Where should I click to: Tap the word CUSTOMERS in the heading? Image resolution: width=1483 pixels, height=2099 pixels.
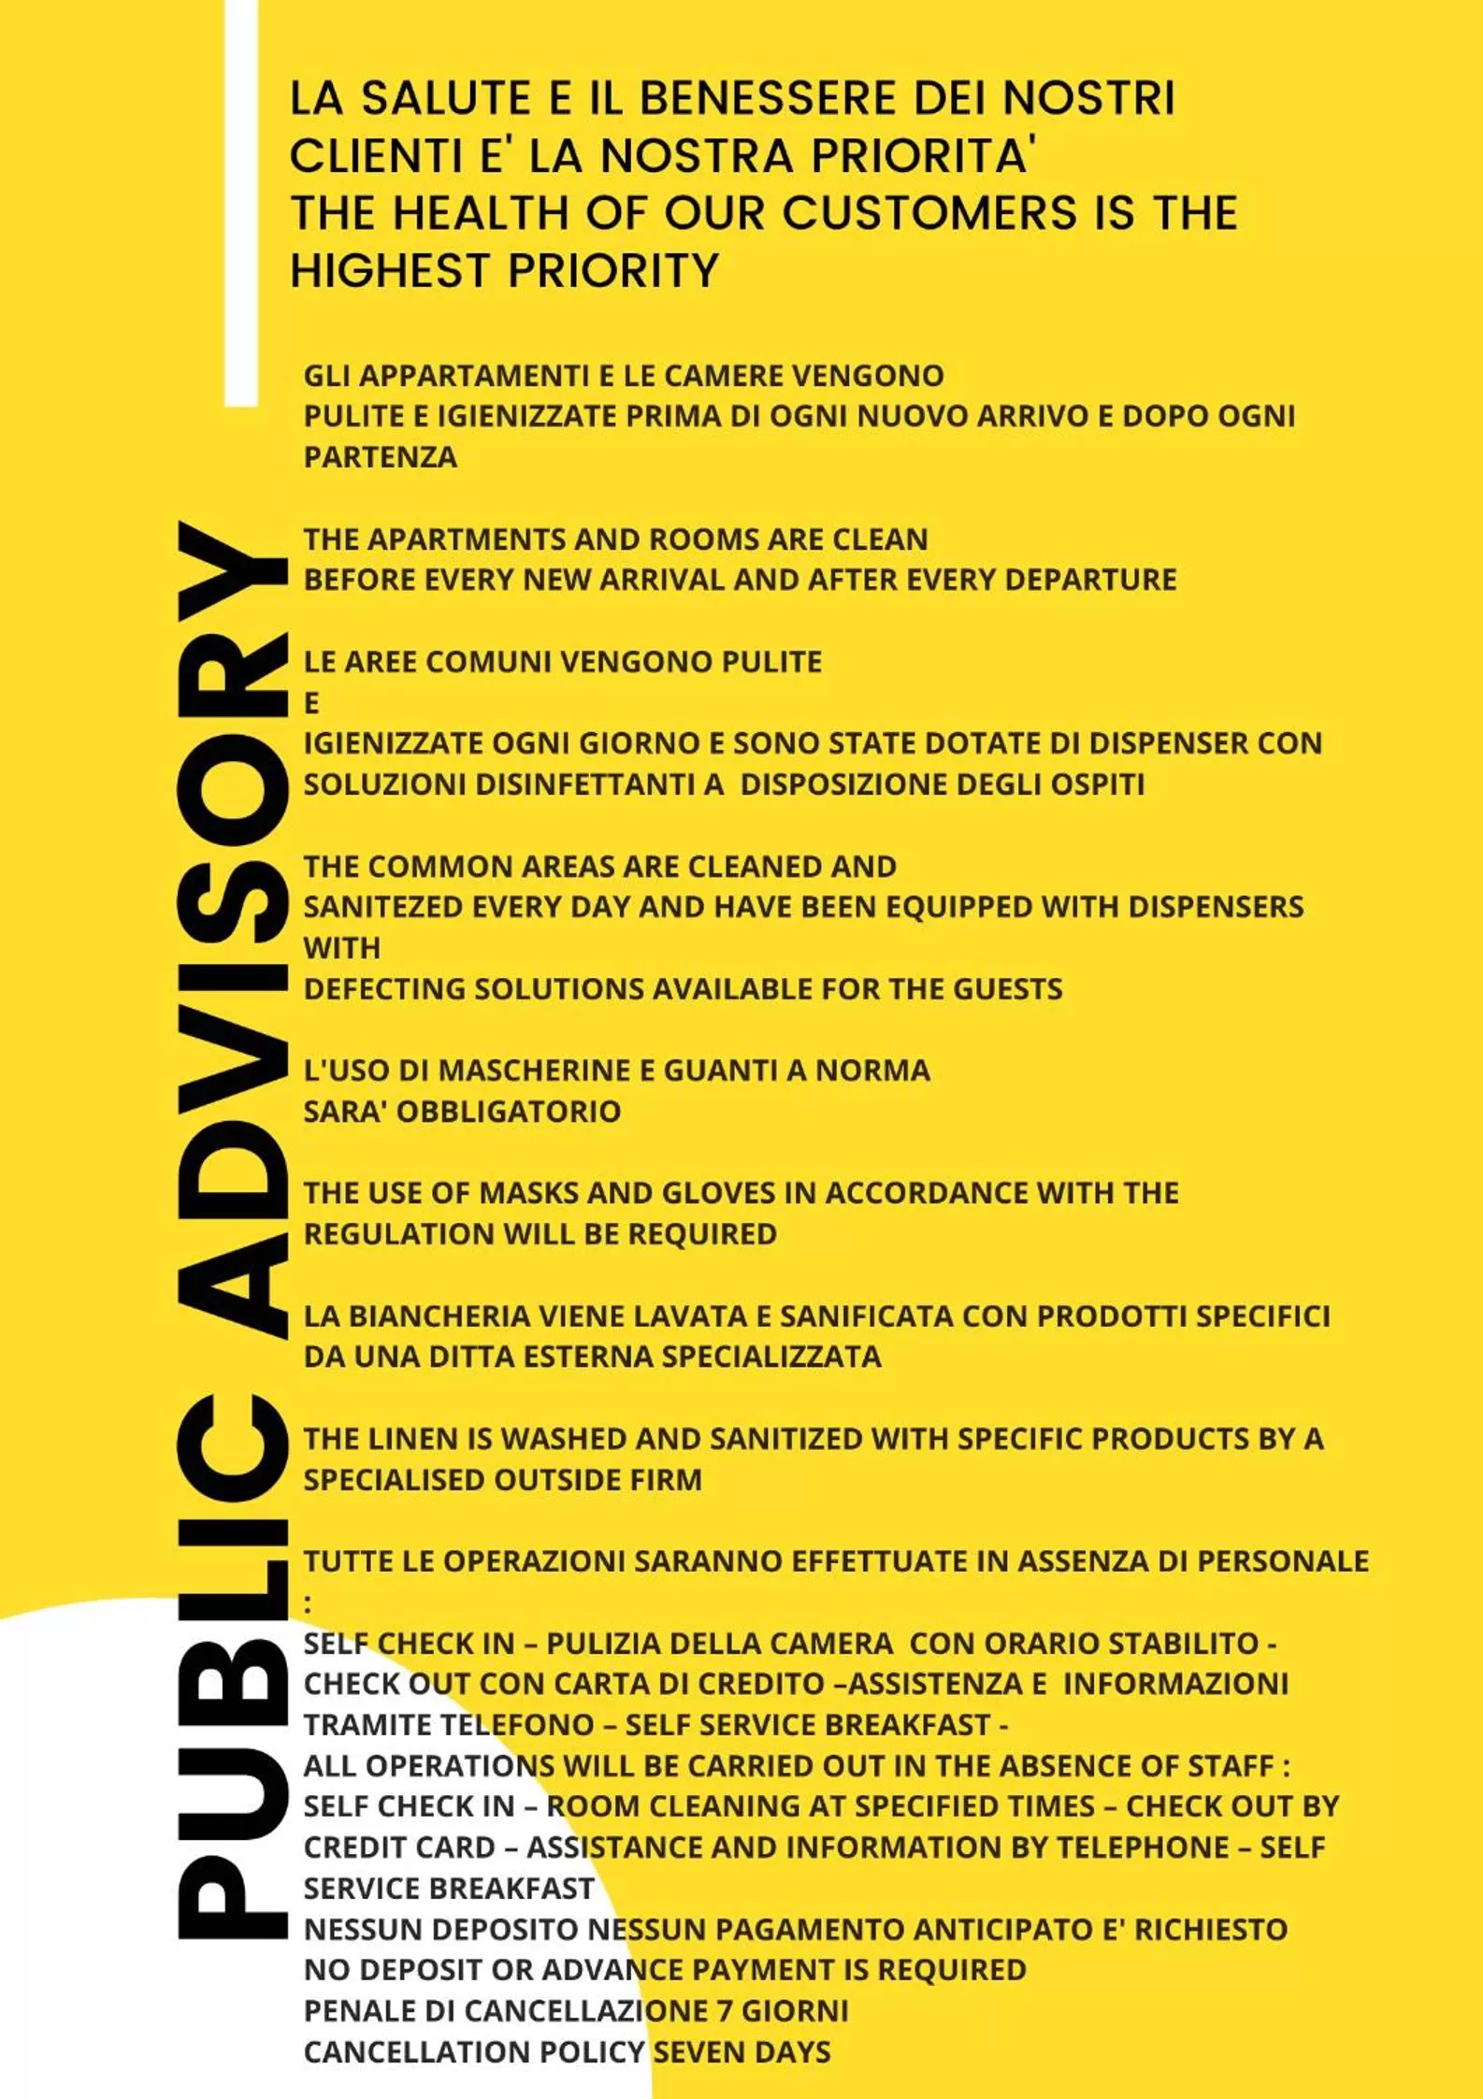(929, 212)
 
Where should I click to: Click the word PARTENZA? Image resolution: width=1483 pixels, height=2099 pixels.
(381, 457)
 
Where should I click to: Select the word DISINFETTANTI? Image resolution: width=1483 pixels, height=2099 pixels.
(599, 784)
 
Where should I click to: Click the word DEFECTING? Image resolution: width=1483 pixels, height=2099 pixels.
(384, 988)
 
